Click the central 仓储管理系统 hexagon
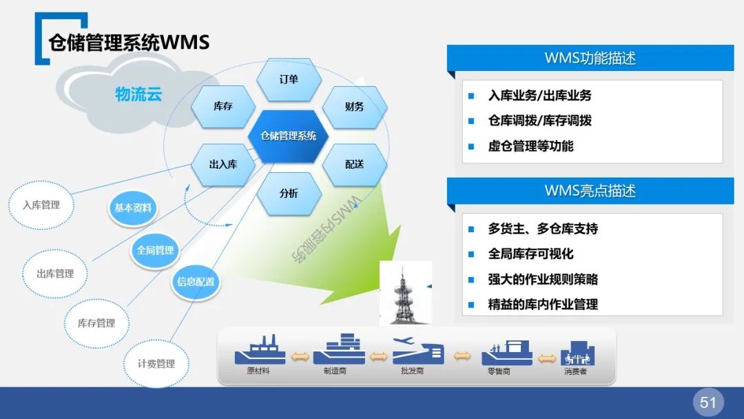(x=289, y=136)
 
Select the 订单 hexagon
(x=289, y=80)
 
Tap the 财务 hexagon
(x=354, y=107)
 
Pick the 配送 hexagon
(x=354, y=165)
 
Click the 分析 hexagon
(x=289, y=194)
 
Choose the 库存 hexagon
(x=223, y=107)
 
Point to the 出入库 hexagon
(x=223, y=165)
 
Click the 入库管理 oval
(x=41, y=205)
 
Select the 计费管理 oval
(x=156, y=363)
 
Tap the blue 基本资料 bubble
(x=133, y=207)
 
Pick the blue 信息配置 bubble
(x=196, y=281)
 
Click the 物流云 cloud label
(x=138, y=94)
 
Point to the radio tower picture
(x=406, y=292)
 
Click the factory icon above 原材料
(x=260, y=350)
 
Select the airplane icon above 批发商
(x=417, y=349)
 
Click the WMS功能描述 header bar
(x=590, y=59)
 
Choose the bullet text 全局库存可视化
(x=530, y=254)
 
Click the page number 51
(x=708, y=402)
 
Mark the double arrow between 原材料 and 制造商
(x=300, y=356)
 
